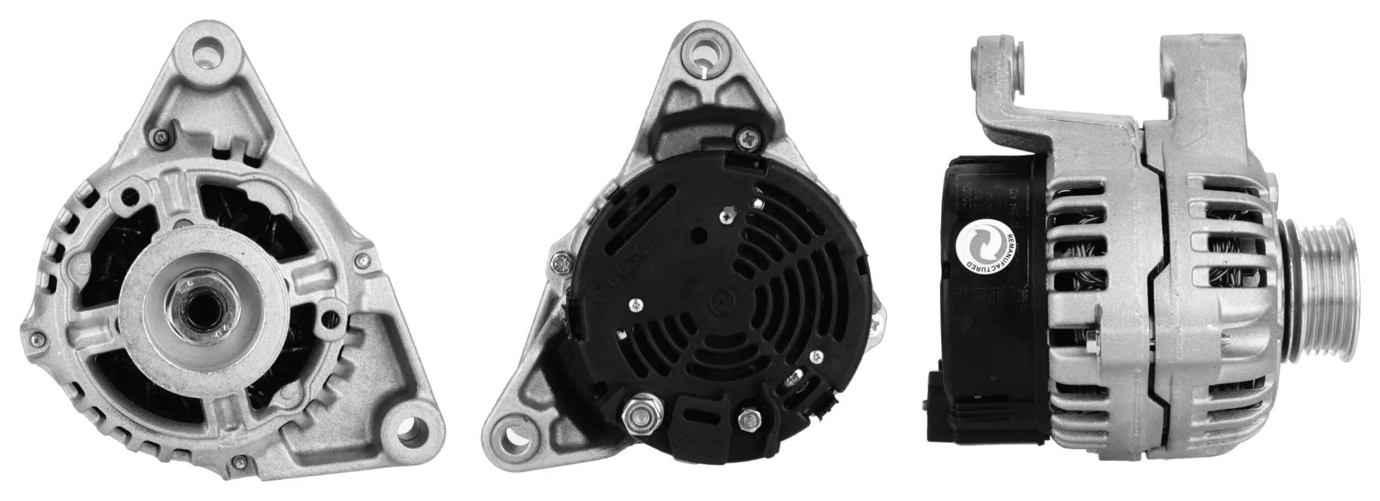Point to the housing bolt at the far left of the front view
(x=37, y=338)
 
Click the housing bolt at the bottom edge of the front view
(x=239, y=461)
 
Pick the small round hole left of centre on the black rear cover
(x=700, y=234)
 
